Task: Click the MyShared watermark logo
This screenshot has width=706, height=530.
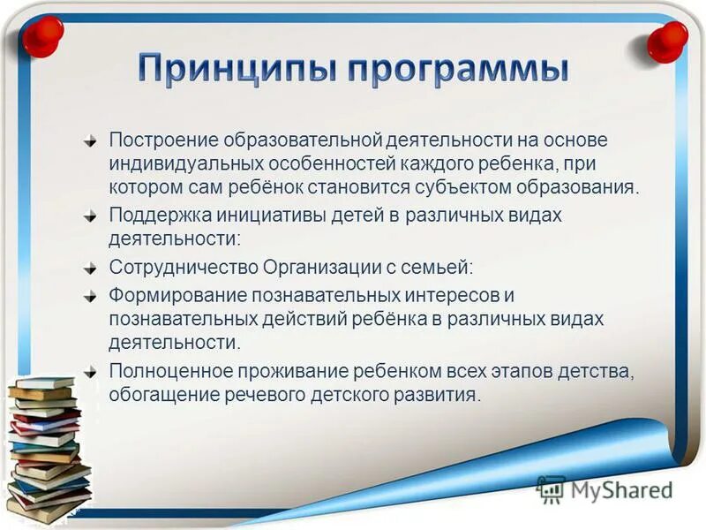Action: (604, 488)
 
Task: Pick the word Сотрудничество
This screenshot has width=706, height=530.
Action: (184, 266)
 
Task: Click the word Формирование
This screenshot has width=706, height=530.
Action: (176, 293)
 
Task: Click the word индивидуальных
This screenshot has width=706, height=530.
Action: (179, 164)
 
